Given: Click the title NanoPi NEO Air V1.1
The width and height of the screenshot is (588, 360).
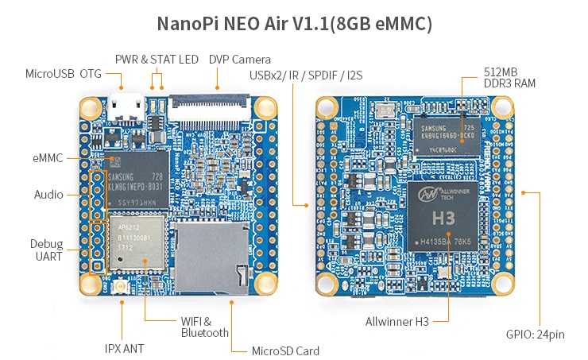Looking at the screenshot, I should tap(294, 23).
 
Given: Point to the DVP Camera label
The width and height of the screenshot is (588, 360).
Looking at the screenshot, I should tap(240, 59).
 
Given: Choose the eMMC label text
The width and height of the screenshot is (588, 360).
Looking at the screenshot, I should tap(48, 158).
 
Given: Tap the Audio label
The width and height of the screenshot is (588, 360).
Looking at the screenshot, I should tap(48, 194).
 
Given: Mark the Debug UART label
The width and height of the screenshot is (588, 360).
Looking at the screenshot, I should tap(47, 250).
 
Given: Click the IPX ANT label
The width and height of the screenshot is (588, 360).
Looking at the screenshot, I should tap(125, 347).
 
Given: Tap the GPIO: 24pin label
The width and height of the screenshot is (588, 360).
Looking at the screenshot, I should tap(535, 335).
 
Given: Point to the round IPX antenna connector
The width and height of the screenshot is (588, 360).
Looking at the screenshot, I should tap(122, 288).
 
